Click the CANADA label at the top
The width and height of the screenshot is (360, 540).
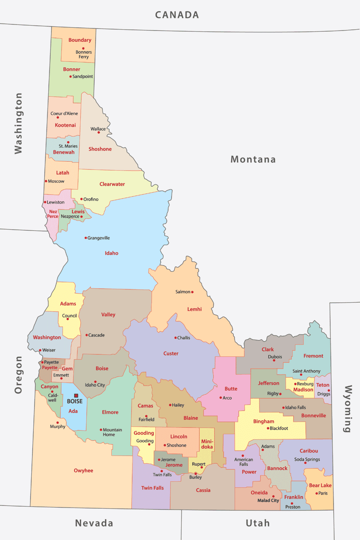click(x=177, y=15)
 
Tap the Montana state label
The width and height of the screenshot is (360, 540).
click(x=253, y=159)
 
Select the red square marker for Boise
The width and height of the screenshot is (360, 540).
click(x=76, y=396)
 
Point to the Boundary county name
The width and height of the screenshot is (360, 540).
click(x=80, y=40)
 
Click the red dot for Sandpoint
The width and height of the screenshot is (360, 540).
click(x=70, y=76)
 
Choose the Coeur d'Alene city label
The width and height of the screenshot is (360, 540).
click(x=64, y=114)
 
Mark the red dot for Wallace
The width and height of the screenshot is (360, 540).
click(x=99, y=133)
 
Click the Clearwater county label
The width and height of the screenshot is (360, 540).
click(x=112, y=184)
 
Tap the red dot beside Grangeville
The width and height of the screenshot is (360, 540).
click(x=85, y=238)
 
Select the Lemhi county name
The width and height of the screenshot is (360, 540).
click(x=194, y=309)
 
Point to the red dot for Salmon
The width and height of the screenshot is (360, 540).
click(x=192, y=292)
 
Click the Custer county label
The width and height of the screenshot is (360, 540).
click(x=171, y=353)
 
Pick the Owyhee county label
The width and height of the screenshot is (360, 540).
click(x=83, y=470)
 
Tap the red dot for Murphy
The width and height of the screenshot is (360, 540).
click(x=58, y=423)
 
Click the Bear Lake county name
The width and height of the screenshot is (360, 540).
click(x=320, y=485)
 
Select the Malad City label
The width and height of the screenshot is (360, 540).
click(x=268, y=500)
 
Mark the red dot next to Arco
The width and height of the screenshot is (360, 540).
click(x=221, y=398)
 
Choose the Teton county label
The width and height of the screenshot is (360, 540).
click(x=323, y=385)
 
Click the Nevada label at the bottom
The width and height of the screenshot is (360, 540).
click(x=94, y=523)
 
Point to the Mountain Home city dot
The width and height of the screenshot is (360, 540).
click(x=101, y=430)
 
